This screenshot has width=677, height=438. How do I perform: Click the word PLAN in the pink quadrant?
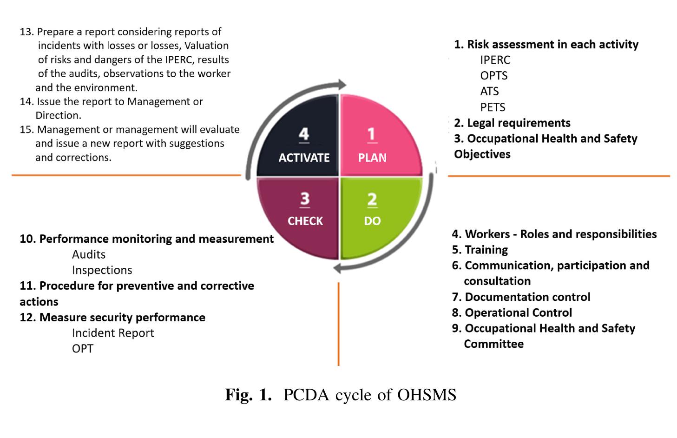point(372,158)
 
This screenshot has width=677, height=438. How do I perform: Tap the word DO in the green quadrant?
point(372,221)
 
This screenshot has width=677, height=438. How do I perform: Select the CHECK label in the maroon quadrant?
point(305,221)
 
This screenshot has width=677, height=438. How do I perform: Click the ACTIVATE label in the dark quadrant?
point(304,158)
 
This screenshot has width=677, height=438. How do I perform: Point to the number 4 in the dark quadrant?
point(303,134)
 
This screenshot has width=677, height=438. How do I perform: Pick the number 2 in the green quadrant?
point(372,199)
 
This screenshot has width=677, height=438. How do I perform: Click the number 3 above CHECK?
point(304,199)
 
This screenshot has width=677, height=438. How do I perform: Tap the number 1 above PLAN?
point(371,134)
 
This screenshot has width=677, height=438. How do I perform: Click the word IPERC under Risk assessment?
point(495,60)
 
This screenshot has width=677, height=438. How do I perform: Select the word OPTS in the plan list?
point(493,76)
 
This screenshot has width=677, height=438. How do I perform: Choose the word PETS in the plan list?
point(493,107)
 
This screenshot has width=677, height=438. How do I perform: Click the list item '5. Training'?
point(480,250)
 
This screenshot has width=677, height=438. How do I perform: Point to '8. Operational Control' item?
point(512,312)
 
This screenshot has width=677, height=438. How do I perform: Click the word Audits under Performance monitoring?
point(88,254)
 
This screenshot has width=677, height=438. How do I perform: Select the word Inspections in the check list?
point(102,270)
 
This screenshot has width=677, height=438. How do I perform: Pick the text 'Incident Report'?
point(113,333)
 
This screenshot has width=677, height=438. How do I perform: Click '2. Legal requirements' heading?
point(512,123)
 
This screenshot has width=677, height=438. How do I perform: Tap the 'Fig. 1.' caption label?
point(248,395)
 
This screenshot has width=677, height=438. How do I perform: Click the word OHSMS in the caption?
point(427,395)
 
